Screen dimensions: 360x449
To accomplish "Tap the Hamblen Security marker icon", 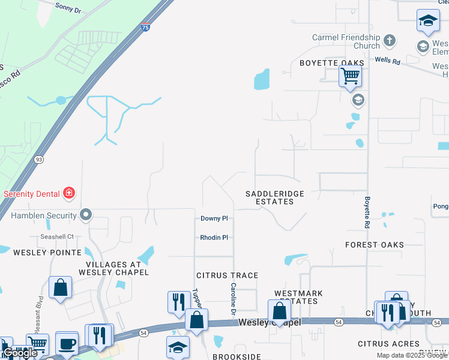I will pos(86,215).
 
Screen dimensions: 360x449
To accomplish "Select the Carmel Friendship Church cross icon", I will pos(390,41).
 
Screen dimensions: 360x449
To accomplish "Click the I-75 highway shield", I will pos(146,27).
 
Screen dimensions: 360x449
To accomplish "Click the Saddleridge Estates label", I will pos(275,197).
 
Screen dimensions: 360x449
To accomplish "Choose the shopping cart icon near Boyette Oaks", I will pos(350,76).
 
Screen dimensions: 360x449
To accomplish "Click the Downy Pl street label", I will pos(214,219).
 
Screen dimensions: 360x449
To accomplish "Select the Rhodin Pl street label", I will pos(214,238).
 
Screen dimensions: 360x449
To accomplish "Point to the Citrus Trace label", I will pos(228,275).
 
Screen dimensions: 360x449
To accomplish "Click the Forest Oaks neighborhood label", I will pos(375,245).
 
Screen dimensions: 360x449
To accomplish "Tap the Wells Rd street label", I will pos(387,60).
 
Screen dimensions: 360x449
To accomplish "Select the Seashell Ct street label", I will pos(56,236).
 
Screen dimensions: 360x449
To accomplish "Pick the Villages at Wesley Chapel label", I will pos(113,268).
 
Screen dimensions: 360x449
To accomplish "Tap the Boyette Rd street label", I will pos(367,212).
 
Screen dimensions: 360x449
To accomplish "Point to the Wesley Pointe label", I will pos(38,253).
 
